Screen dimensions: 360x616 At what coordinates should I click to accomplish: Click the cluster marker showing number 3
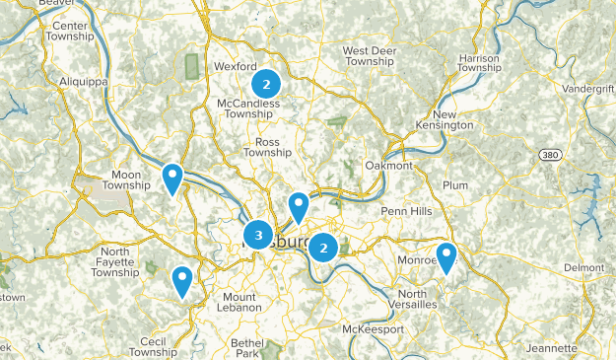coord(258,236)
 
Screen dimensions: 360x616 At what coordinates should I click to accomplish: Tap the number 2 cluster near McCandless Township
coord(265,83)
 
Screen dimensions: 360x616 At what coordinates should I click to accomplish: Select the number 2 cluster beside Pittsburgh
coord(322,248)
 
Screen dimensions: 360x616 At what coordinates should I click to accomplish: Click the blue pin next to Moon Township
coord(172,179)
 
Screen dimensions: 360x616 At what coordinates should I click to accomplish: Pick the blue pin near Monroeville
coord(446,257)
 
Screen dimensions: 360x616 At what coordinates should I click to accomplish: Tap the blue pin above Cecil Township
coord(181,281)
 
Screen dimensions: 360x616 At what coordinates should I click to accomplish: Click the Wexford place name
coord(235,67)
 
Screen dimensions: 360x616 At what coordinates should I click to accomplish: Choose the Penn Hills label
coord(407,212)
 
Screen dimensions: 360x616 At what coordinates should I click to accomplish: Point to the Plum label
coord(456,185)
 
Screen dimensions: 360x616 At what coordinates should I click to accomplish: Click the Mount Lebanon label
coord(242,302)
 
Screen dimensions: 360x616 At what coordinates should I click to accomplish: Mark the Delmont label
coord(583,268)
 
